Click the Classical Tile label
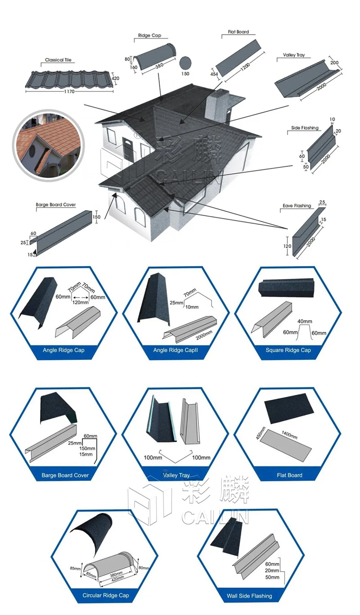tap(58, 60)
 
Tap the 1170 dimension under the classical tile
tap(68, 92)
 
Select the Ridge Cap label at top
tap(149, 36)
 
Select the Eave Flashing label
tap(297, 206)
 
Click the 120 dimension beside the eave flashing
tap(287, 246)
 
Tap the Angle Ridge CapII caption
tap(176, 350)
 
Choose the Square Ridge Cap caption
tap(288, 350)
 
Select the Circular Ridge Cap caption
tap(106, 595)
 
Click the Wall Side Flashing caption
tap(249, 596)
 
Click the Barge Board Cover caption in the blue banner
tap(65, 475)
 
